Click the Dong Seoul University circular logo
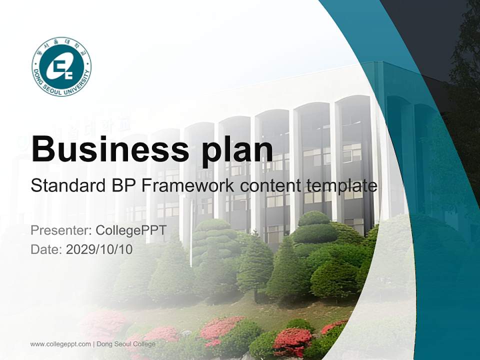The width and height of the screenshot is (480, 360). pos(61,66)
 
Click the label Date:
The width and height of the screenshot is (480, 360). pos(46,249)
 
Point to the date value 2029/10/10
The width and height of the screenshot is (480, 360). pos(99,249)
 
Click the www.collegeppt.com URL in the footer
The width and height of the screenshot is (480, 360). pos(60,344)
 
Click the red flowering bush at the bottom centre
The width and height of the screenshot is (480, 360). pos(292,340)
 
